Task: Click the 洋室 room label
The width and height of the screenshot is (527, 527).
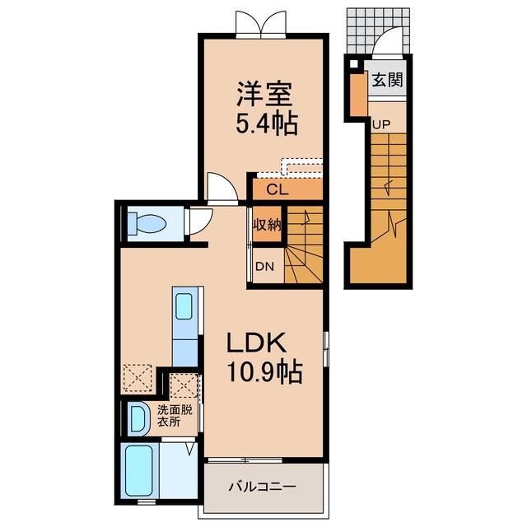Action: (265, 93)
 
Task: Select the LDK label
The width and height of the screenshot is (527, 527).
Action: (257, 343)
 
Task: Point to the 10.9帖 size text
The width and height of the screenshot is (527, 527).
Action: (265, 372)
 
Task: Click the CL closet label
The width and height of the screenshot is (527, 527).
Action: (277, 190)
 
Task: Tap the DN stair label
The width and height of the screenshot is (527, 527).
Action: (265, 267)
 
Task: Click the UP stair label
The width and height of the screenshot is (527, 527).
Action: (381, 124)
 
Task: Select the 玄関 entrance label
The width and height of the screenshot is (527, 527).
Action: (387, 80)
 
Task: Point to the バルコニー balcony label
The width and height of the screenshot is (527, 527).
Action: (263, 487)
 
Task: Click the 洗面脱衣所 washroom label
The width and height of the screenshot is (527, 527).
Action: (175, 416)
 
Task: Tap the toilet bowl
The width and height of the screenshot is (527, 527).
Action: (147, 223)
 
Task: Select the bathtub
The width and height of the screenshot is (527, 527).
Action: (138, 469)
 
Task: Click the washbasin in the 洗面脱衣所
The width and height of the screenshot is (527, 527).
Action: (138, 419)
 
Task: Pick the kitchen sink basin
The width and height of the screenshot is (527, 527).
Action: (184, 306)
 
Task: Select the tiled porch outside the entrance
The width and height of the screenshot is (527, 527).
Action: (379, 31)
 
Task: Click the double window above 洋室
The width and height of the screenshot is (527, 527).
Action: (261, 24)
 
